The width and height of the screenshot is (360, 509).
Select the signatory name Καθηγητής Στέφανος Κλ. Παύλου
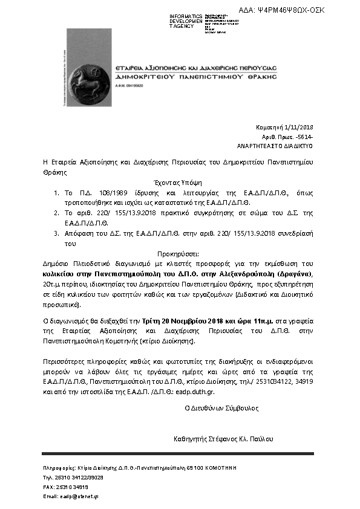(x=223, y=438)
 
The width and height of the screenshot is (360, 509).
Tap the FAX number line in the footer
(x=65, y=486)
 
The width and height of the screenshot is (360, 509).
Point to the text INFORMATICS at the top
(x=186, y=16)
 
